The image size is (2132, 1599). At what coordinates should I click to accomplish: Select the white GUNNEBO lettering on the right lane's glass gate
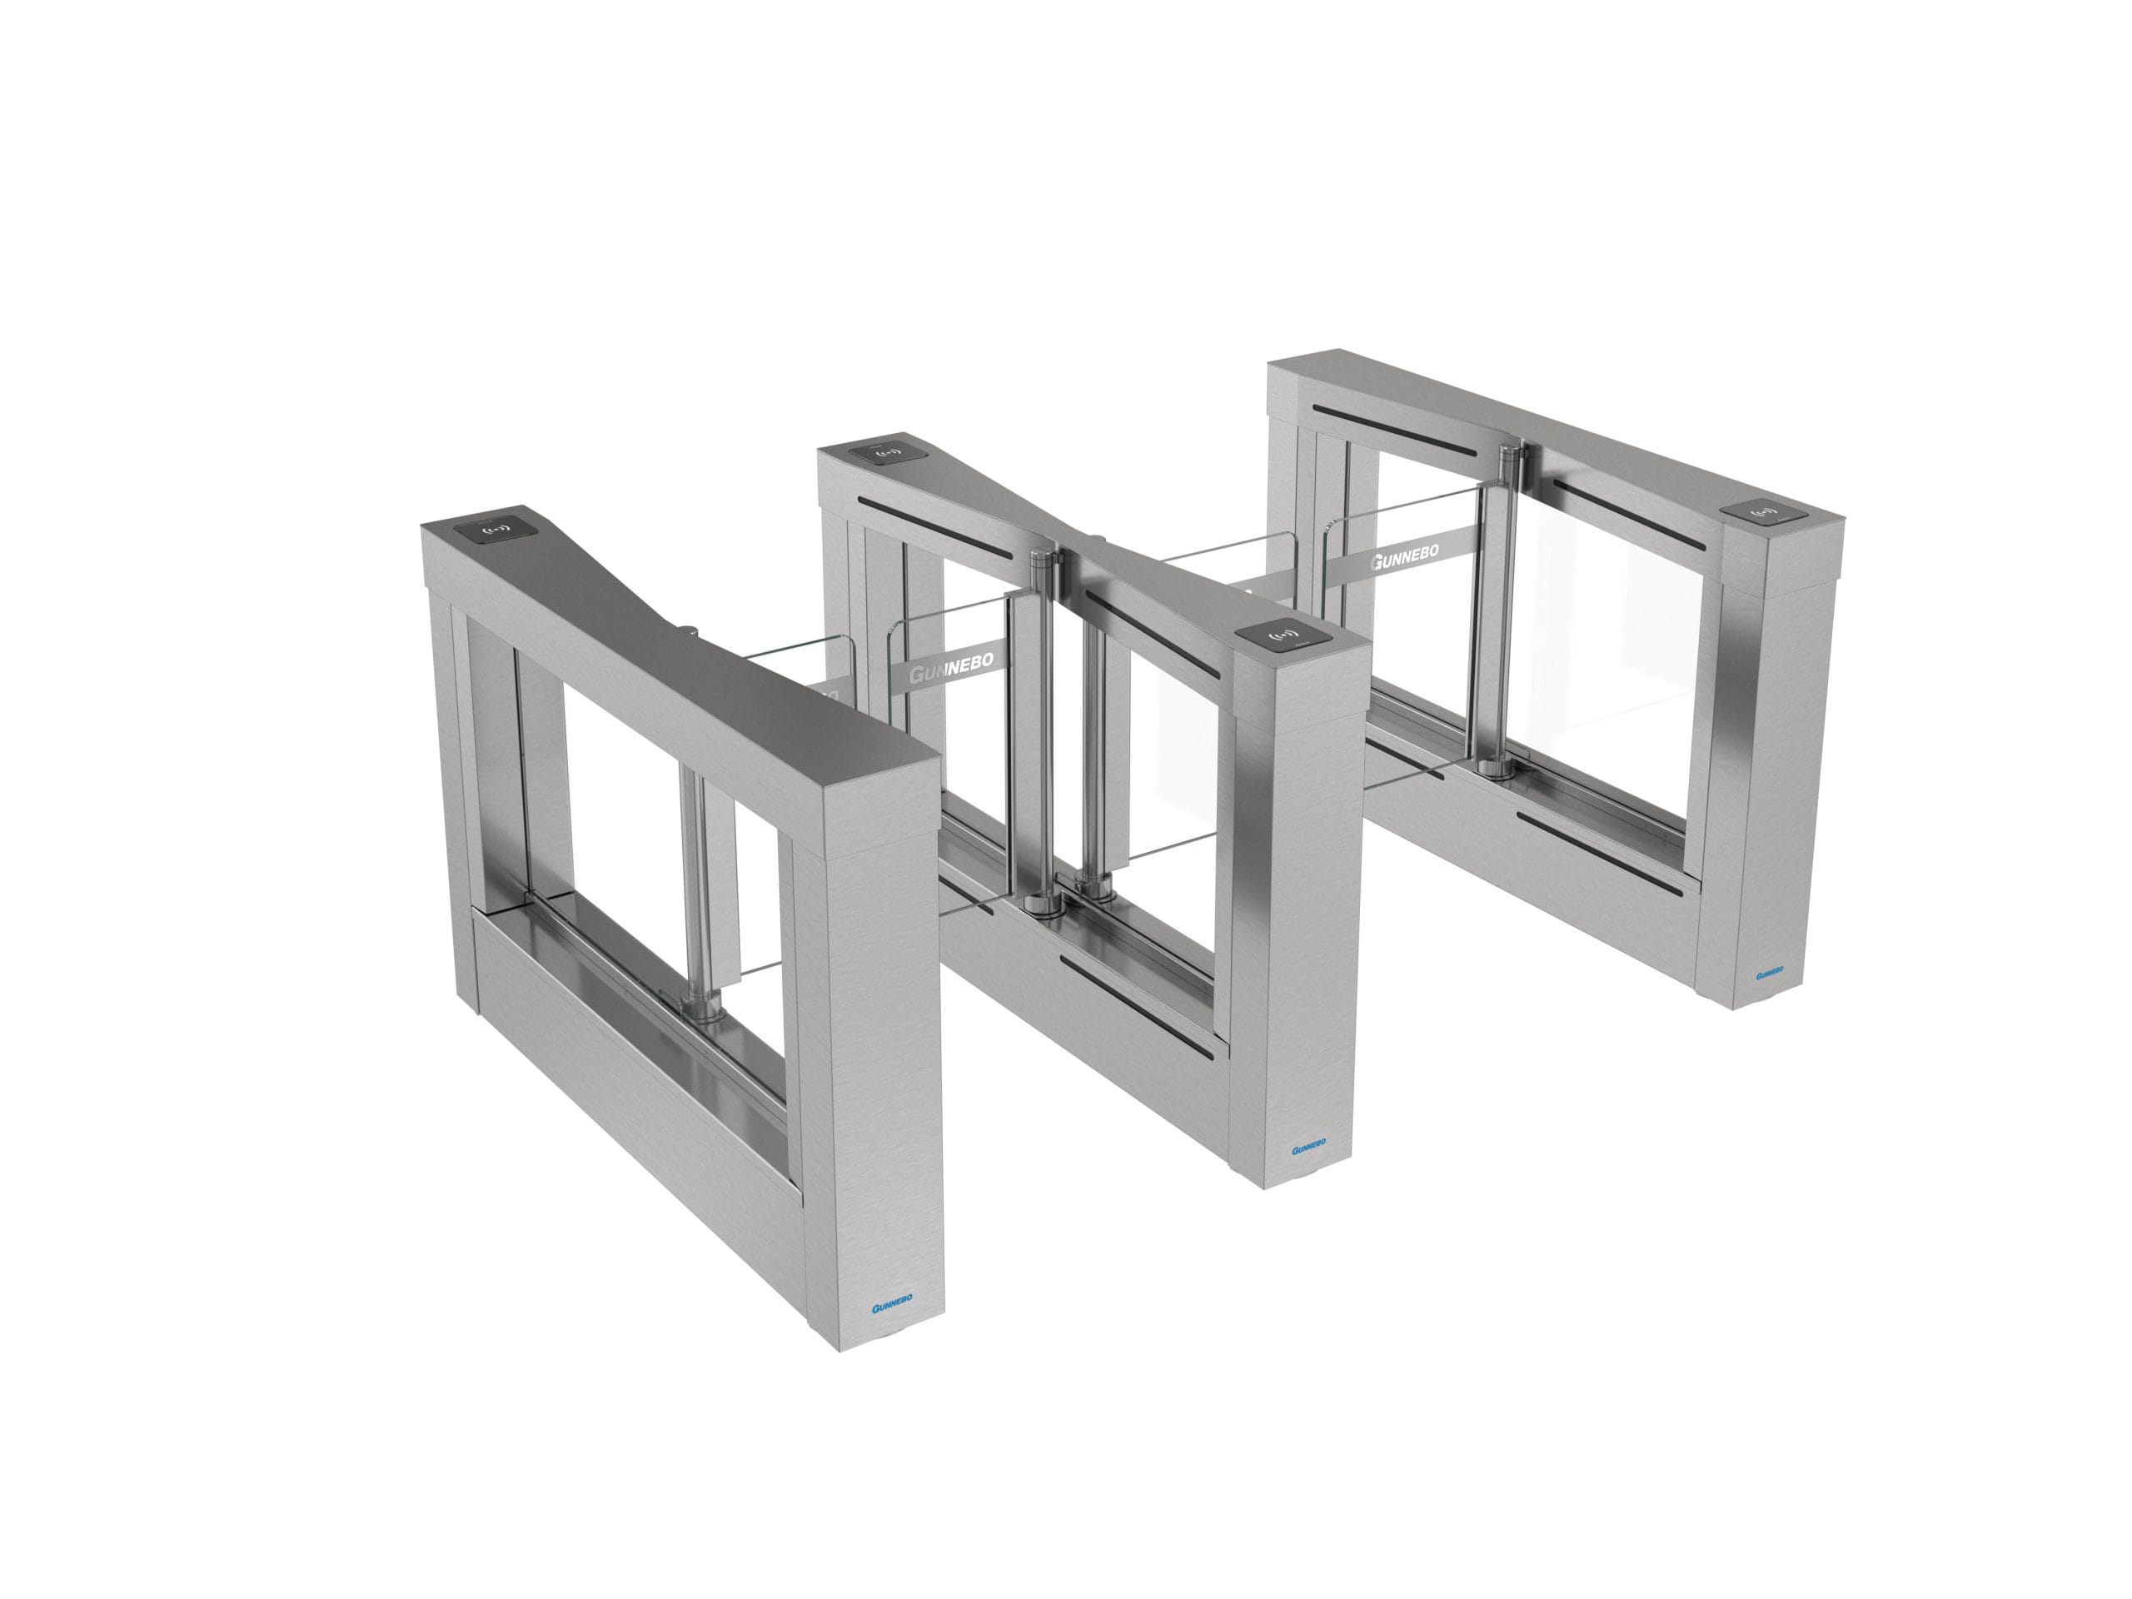click(x=1405, y=556)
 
